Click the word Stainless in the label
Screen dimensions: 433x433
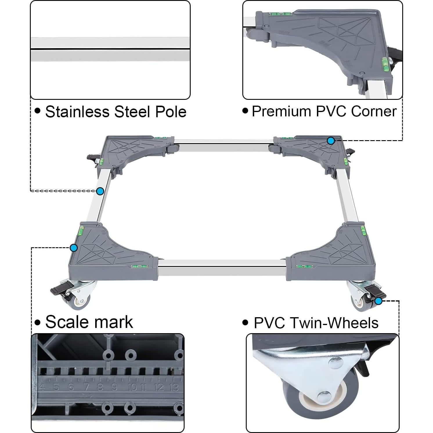tap(77, 111)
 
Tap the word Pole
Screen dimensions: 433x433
tap(171, 111)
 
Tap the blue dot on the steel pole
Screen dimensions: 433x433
tap(100, 191)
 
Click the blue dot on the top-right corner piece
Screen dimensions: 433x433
tap(331, 141)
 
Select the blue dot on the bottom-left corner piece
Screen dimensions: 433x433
tap(74, 248)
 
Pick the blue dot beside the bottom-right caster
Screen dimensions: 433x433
tap(378, 301)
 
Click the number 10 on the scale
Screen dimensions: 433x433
tap(132, 387)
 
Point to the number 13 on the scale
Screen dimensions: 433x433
tap(174, 387)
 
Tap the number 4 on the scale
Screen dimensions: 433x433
tap(42, 387)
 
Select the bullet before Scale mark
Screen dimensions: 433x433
tap(37, 323)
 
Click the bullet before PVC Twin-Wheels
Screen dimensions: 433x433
tap(246, 322)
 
